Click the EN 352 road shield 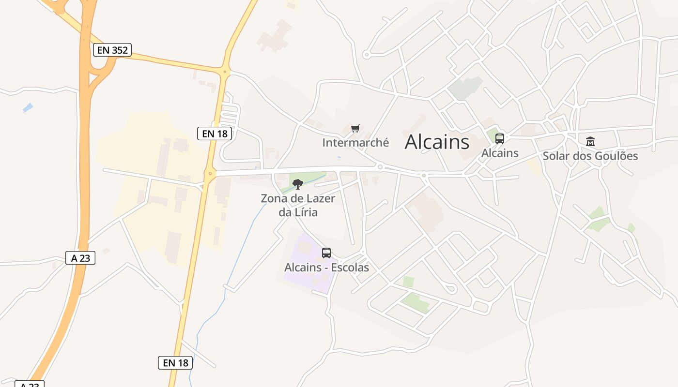coord(112,50)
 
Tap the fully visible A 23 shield coord(80,258)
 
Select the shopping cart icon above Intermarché coord(355,128)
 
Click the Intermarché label coord(355,143)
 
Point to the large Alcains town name coord(437,142)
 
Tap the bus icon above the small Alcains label coord(500,138)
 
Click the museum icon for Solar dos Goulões coord(590,141)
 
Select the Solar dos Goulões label coord(590,156)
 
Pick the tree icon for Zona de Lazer coord(298,184)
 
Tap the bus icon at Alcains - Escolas coord(326,253)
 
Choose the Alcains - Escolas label coord(326,268)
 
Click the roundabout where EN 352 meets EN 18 coord(224,72)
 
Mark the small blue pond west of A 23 coord(28,108)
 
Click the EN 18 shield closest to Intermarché coord(215,134)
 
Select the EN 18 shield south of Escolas coord(175,362)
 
